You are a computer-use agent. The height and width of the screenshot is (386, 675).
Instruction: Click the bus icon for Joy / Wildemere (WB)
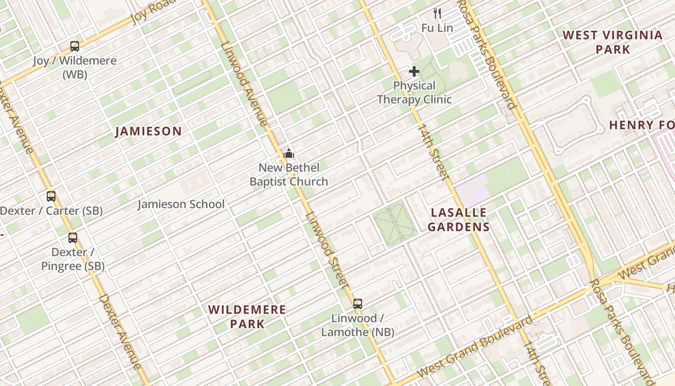click(75, 46)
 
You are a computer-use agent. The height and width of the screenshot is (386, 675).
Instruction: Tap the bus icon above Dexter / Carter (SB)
click(51, 196)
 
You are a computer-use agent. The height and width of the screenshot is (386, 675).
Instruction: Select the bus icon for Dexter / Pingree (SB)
click(73, 238)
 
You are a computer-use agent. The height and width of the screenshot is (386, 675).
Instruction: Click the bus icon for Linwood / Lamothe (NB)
click(357, 304)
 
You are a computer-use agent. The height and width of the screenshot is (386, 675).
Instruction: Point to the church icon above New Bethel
click(289, 154)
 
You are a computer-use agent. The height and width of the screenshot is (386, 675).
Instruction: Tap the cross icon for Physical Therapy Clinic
click(414, 72)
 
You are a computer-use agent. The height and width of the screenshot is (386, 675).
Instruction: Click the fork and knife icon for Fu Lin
click(437, 13)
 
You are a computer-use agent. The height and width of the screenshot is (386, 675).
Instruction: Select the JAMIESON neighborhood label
click(148, 131)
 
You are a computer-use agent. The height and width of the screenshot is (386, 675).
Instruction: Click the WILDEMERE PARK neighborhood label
click(247, 317)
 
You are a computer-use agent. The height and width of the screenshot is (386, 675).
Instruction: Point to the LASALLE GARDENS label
click(459, 220)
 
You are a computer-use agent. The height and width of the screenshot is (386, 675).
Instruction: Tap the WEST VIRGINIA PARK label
click(613, 42)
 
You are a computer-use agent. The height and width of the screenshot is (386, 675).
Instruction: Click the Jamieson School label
click(181, 204)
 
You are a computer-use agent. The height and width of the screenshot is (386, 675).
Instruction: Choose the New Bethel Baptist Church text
click(289, 175)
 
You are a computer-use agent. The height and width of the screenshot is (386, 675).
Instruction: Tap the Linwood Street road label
click(326, 251)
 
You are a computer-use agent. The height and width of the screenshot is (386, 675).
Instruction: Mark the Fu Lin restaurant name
click(437, 28)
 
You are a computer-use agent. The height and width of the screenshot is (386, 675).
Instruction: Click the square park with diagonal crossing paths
click(395, 223)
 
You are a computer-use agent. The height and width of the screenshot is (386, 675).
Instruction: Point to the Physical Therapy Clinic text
click(414, 93)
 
